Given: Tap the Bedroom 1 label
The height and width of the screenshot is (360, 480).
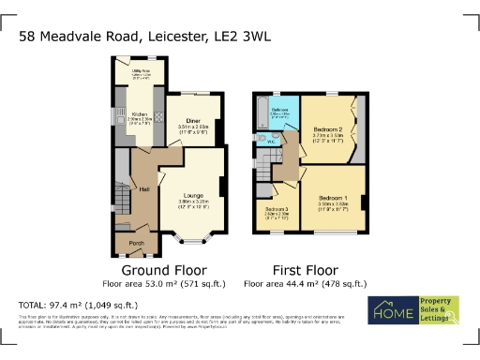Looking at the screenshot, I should tap(334, 198).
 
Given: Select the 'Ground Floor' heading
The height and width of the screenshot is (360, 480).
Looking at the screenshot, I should tap(152, 267).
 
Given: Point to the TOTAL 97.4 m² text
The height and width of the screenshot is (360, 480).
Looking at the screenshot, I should tap(78, 306).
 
